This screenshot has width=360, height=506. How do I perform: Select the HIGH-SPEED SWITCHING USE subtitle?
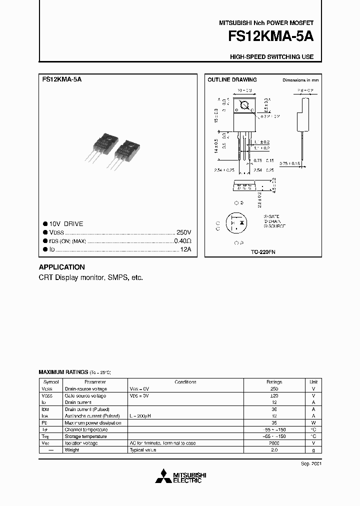point(271,57)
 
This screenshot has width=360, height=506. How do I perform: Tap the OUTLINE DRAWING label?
point(232,79)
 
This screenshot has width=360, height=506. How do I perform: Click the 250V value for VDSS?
point(183,232)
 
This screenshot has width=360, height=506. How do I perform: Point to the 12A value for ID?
point(185,248)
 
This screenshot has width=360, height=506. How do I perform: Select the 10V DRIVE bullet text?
point(66,224)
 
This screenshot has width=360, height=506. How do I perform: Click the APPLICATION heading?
point(61,267)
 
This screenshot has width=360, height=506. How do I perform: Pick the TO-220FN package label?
point(263,252)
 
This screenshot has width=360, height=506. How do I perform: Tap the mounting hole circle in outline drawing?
point(245,105)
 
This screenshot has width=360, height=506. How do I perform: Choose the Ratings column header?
point(274,381)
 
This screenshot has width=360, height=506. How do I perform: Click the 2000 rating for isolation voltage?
point(274,443)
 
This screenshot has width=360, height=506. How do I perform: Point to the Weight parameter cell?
point(72,450)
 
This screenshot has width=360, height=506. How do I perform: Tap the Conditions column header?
point(185,381)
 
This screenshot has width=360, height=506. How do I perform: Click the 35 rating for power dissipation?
point(274,422)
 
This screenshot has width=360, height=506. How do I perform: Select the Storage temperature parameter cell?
point(85,436)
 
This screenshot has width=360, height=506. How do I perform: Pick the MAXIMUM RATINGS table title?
point(63,372)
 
